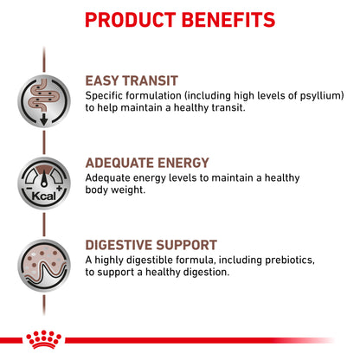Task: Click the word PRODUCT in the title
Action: click(132, 19)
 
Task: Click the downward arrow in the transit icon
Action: click(42, 117)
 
